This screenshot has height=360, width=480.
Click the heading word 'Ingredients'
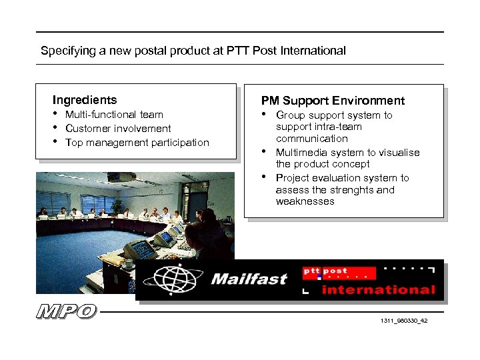pyautogui.click(x=85, y=100)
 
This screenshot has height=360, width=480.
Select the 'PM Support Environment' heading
pyautogui.click(x=333, y=101)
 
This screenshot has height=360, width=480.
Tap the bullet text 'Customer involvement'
pyautogui.click(x=118, y=129)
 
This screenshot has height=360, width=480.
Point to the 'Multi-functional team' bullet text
pyautogui.click(x=114, y=115)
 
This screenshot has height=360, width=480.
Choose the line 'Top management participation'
pyautogui.click(x=137, y=143)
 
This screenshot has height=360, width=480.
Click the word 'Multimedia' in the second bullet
pyautogui.click(x=300, y=153)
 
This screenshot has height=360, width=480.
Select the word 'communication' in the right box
pyautogui.click(x=311, y=139)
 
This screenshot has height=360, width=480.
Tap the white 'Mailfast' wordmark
pyautogui.click(x=249, y=279)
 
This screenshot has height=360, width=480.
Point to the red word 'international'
pyautogui.click(x=378, y=290)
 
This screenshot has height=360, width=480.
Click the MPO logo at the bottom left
pyautogui.click(x=67, y=311)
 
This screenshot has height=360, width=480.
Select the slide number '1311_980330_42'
pyautogui.click(x=404, y=321)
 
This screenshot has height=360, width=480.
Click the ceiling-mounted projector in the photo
pyautogui.click(x=127, y=177)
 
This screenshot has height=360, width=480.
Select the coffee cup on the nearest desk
pyautogui.click(x=128, y=263)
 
